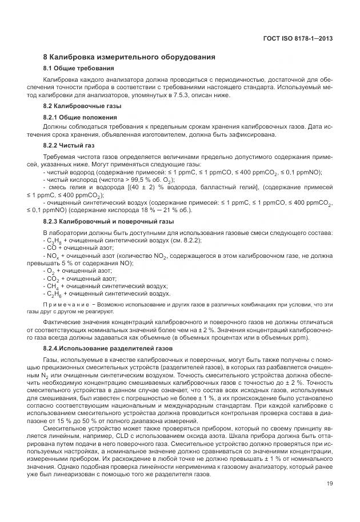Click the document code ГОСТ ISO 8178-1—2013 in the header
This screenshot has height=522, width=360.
point(306,38)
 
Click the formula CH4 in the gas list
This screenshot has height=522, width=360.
point(51,286)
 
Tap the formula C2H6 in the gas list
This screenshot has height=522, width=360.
point(53,293)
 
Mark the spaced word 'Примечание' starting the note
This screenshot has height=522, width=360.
point(64,304)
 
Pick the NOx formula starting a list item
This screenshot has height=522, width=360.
point(52,256)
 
